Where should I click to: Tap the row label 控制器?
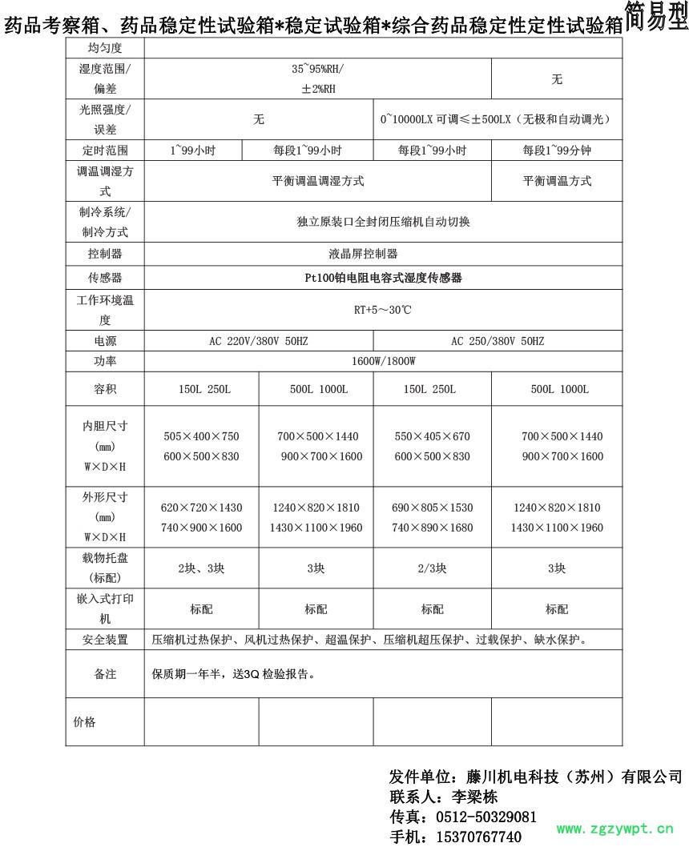[x=104, y=254]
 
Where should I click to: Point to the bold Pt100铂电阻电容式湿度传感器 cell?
[x=383, y=278]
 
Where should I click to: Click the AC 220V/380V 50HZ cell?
[x=259, y=341]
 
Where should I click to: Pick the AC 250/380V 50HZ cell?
[x=498, y=341]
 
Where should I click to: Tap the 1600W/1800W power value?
[x=383, y=361]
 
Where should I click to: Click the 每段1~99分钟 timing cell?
[x=557, y=151]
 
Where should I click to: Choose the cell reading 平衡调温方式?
[x=557, y=181]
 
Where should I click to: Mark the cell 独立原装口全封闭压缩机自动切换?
[x=383, y=222]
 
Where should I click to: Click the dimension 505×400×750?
[x=202, y=436]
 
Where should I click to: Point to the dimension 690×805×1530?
[x=433, y=508]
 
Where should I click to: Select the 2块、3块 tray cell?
[x=202, y=569]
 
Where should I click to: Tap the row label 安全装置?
[x=104, y=640]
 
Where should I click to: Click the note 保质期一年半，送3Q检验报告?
[x=232, y=674]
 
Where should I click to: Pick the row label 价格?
[x=84, y=722]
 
